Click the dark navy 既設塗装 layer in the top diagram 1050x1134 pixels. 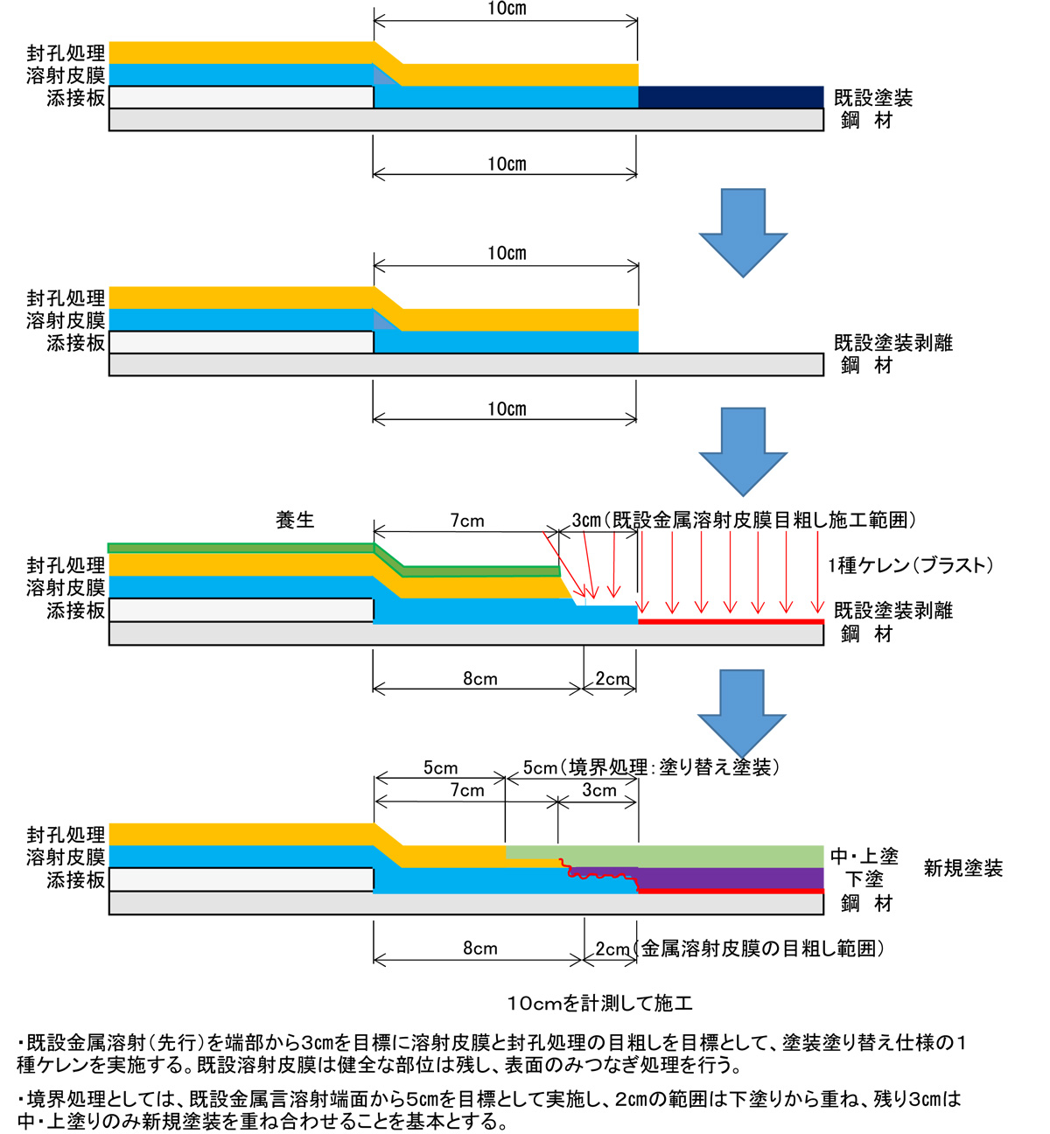tap(731, 97)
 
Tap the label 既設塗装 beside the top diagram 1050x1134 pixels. tap(873, 98)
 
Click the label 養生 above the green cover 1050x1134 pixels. tap(295, 520)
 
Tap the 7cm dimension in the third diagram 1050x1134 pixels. tap(467, 521)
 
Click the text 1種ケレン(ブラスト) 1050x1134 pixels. tap(910, 565)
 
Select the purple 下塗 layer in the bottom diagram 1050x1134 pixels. tap(731, 878)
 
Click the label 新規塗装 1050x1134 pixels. tap(963, 868)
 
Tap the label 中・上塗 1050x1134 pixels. tap(864, 857)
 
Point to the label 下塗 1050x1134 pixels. tap(864, 879)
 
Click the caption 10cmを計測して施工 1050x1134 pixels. tap(600, 1003)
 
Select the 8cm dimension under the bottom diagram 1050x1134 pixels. tap(479, 948)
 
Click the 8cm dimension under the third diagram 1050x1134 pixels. tap(479, 679)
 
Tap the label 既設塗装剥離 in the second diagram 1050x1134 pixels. tap(893, 343)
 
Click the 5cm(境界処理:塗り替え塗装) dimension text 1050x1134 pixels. tap(651, 767)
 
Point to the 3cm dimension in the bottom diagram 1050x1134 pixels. tap(599, 790)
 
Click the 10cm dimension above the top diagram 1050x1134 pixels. tap(507, 9)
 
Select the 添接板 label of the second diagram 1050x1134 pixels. tap(76, 343)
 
